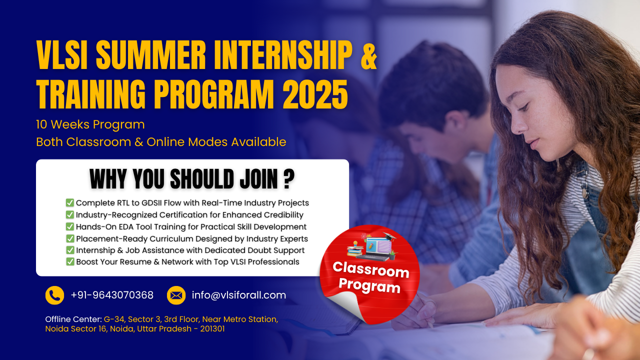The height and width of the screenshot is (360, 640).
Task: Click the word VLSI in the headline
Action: [x=61, y=54]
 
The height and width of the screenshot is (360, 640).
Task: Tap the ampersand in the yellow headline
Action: [x=369, y=54]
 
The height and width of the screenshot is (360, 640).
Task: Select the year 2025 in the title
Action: [x=315, y=94]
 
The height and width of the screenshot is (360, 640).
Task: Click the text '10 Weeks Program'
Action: [x=90, y=124]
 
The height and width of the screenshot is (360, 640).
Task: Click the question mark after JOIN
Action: [x=289, y=179]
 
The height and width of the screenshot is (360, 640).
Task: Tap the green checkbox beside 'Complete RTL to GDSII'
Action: [x=69, y=202]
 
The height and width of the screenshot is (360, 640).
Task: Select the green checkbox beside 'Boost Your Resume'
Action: [x=70, y=261]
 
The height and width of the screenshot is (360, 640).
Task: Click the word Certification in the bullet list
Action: [x=184, y=214]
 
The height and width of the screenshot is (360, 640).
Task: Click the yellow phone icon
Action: [x=54, y=295]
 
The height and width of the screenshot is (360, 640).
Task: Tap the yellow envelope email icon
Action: [x=176, y=295]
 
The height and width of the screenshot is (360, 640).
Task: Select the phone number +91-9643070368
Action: [x=112, y=295]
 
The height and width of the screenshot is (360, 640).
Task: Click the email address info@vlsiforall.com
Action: [x=239, y=295]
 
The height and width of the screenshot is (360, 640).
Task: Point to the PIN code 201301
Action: [x=212, y=328]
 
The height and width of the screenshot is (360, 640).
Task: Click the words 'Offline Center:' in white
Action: [x=73, y=319]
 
